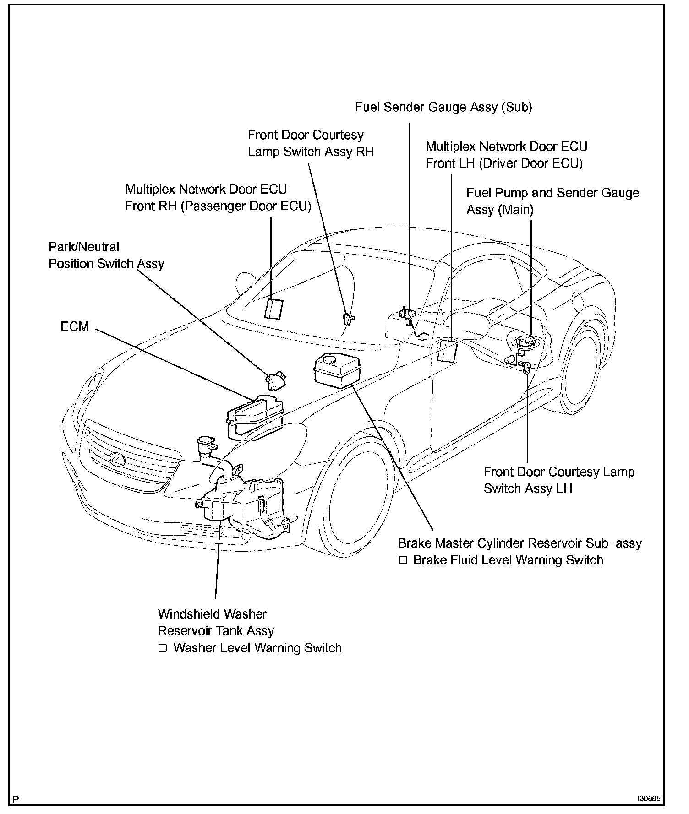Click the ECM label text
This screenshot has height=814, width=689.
[x=75, y=327]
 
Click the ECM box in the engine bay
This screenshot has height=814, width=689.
[x=255, y=414]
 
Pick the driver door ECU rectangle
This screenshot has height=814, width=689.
[x=448, y=351]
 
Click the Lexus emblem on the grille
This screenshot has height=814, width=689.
[x=116, y=457]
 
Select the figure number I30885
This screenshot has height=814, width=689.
[x=648, y=798]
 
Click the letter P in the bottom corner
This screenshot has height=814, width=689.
[x=16, y=799]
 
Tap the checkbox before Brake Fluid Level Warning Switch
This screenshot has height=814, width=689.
[x=403, y=560]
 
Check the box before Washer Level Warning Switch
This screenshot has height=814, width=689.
[x=162, y=648]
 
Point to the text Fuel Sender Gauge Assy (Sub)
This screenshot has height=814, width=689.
[x=443, y=107]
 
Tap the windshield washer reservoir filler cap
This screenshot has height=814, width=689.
[x=206, y=442]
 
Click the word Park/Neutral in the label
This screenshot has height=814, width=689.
[x=84, y=247]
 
